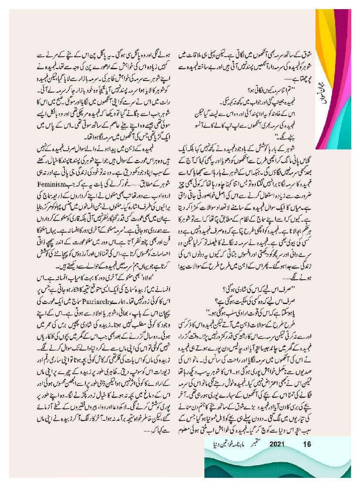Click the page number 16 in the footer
click(x=307, y=445)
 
